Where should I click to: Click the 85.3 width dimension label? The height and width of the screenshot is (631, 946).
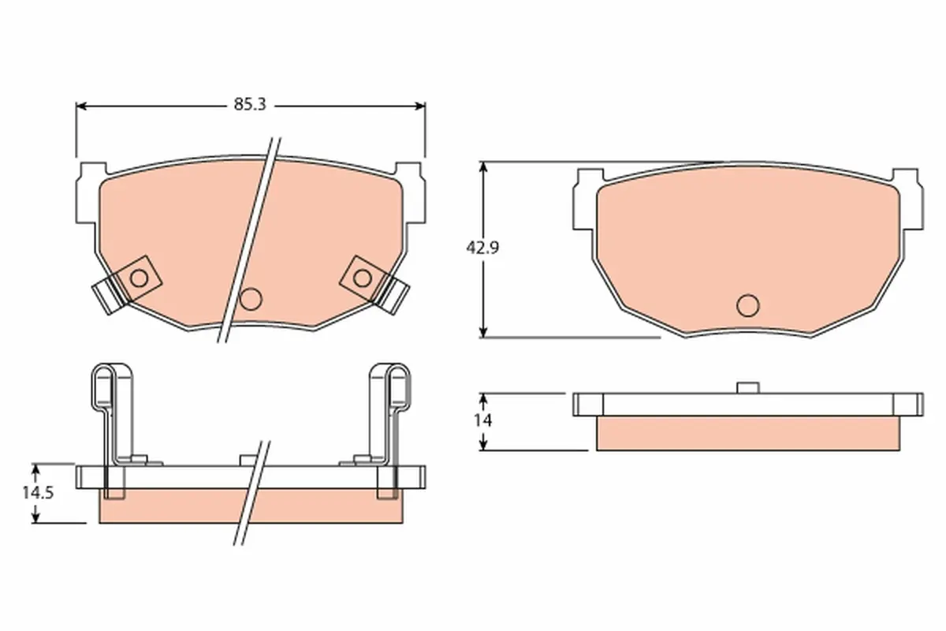[x=250, y=104]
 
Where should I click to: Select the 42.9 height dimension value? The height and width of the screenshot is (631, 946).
[x=482, y=248]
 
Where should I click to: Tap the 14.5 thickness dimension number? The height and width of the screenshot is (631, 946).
[x=38, y=493]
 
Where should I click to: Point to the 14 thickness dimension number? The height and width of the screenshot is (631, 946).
[x=482, y=420]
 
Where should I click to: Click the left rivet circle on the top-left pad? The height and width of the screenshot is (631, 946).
[x=139, y=278]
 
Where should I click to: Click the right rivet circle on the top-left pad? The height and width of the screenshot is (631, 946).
[x=363, y=278]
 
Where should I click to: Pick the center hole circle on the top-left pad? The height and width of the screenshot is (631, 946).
[x=251, y=299]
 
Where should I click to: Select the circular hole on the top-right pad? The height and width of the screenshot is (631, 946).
[x=748, y=305]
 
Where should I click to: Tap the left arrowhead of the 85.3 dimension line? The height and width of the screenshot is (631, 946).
[x=80, y=106]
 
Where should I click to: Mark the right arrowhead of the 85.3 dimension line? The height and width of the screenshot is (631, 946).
[x=420, y=106]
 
